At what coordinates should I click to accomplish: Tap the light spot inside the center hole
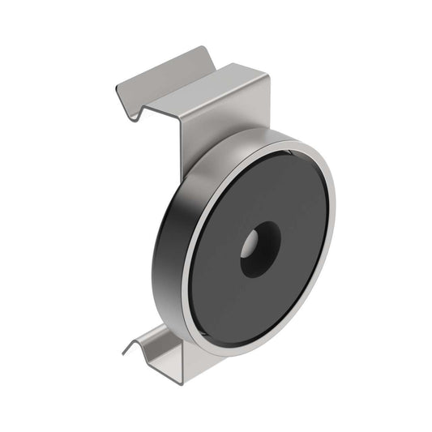(x=251, y=242)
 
